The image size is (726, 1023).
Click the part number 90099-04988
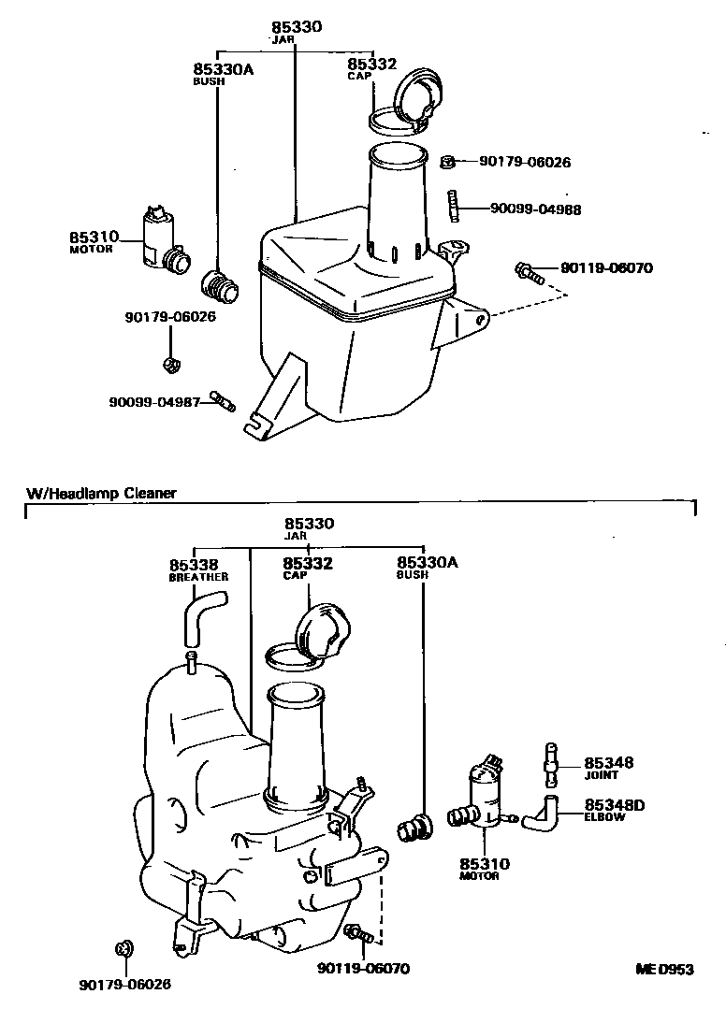coord(535,209)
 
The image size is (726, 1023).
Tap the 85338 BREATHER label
coord(196,570)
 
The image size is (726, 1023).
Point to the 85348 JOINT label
coord(609,768)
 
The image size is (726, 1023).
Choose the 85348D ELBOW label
coord(616,809)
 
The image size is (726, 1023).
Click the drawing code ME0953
coord(663,970)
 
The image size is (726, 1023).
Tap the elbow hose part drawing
coord(541,812)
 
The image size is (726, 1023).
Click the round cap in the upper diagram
coord(414,98)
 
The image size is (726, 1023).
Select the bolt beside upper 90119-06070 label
coord(528,273)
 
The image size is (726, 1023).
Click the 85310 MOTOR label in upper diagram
coord(93,242)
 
